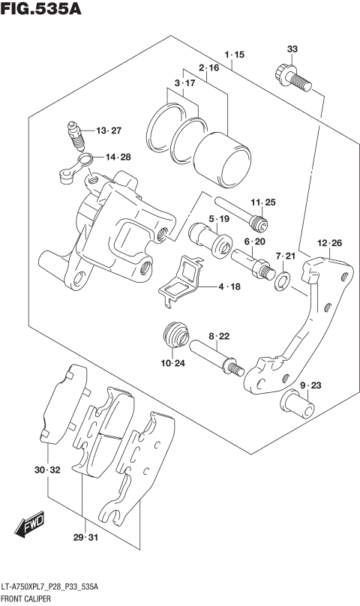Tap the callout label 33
[x=292, y=49]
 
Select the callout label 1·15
[x=234, y=55]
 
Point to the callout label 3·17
[x=185, y=82]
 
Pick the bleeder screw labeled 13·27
[x=75, y=137]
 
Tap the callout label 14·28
[x=118, y=157]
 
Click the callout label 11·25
[x=264, y=202]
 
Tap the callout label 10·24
[x=173, y=364]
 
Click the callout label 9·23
[x=310, y=385]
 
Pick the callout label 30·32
[x=46, y=470]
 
